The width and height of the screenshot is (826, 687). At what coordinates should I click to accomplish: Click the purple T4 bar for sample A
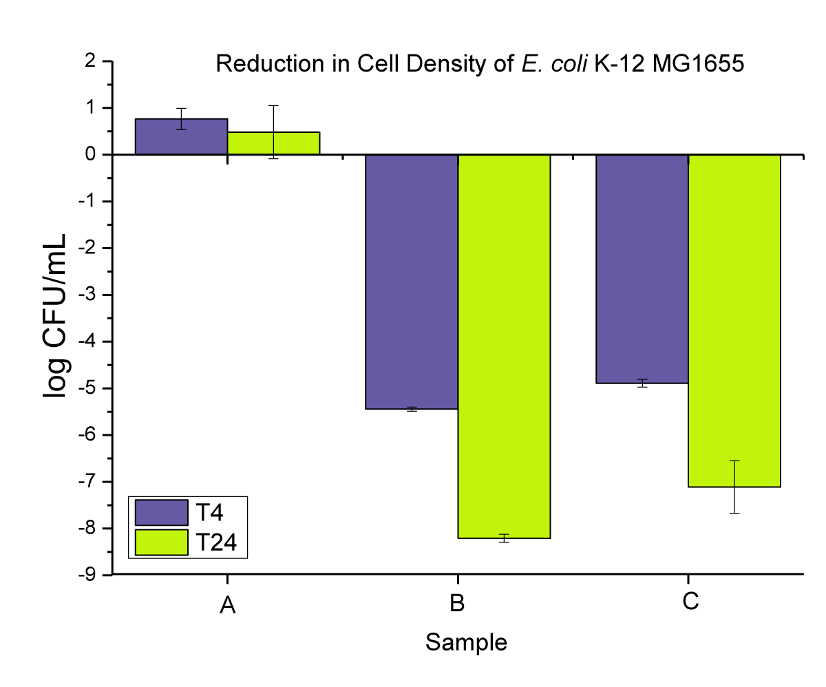[x=181, y=137]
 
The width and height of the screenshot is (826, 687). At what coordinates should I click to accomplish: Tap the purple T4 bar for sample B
[x=412, y=282]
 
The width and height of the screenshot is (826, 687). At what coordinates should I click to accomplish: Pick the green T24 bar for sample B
[x=504, y=344]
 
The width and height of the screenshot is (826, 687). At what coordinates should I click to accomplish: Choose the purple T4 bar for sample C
[x=642, y=268]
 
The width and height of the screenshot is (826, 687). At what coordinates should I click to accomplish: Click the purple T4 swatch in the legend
[x=162, y=512]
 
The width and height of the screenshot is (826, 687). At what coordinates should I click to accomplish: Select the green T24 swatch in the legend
[x=162, y=542]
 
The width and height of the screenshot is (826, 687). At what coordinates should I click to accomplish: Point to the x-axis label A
[x=228, y=606]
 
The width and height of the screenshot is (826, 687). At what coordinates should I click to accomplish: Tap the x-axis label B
[x=457, y=604]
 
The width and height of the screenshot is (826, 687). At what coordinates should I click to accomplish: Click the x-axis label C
[x=690, y=603]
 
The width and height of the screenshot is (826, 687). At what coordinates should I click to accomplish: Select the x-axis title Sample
[x=466, y=642]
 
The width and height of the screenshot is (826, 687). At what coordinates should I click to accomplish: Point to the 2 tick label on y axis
[x=90, y=61]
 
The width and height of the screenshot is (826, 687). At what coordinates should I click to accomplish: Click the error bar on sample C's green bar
[x=734, y=487]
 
